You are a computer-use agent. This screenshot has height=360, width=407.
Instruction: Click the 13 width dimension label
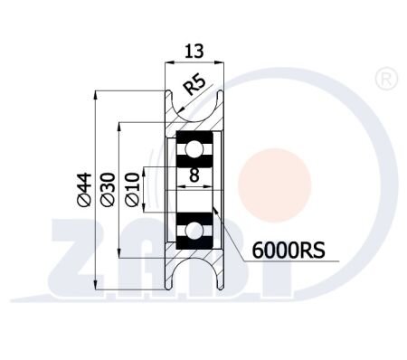(194, 51)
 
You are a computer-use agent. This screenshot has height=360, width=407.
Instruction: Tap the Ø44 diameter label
(84, 189)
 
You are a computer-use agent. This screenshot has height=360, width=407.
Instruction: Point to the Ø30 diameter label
(109, 189)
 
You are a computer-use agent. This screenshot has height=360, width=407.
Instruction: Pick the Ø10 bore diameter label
(133, 189)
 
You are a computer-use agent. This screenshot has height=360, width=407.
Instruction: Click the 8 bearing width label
(194, 175)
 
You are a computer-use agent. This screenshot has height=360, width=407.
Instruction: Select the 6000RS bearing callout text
(289, 250)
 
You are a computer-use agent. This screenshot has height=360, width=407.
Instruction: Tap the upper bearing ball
(194, 149)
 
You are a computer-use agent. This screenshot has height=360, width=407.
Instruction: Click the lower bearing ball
(194, 231)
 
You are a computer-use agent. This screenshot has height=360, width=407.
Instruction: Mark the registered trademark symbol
(386, 80)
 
